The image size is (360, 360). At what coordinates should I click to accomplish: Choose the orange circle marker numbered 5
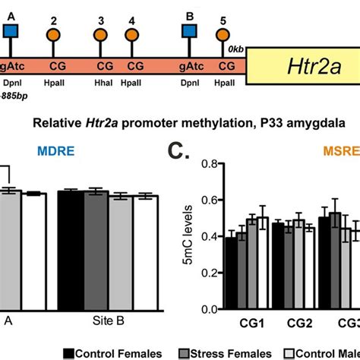click(x=223, y=33)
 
